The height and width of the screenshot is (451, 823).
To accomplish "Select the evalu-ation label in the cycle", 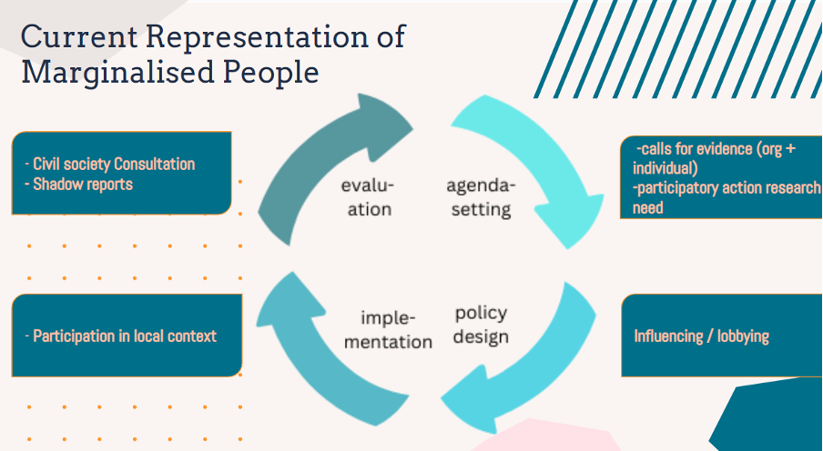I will [x=367, y=197].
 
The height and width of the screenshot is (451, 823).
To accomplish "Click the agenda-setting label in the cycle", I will [x=480, y=197].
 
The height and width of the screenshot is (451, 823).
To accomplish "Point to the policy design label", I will [x=481, y=325].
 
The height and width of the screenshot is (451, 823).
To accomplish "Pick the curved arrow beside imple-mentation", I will [x=300, y=346].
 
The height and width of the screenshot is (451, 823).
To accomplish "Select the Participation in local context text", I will [x=125, y=336].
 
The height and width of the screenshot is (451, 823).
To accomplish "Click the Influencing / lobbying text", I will [x=701, y=336].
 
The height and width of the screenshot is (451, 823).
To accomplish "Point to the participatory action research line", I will [x=728, y=188].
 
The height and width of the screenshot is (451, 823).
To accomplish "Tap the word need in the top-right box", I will [x=648, y=208].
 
